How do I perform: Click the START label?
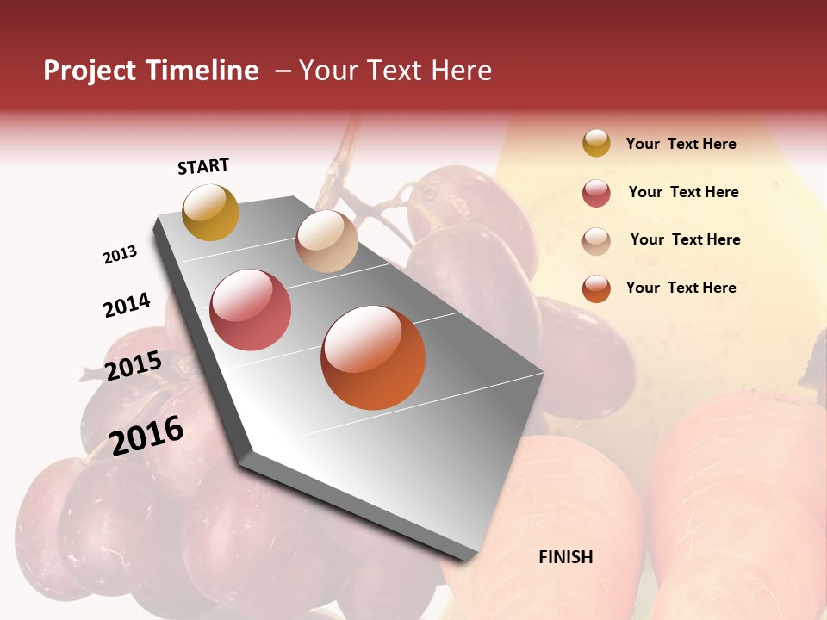click(203, 166)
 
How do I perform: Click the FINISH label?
click(565, 557)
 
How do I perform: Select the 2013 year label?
click(120, 255)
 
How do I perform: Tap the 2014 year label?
click(127, 305)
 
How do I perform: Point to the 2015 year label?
click(133, 366)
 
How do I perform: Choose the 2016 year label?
click(146, 435)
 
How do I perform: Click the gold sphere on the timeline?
click(210, 212)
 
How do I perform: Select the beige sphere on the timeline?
click(326, 241)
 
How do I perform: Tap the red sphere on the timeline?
click(250, 310)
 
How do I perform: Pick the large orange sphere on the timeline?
click(373, 357)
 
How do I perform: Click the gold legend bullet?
click(596, 143)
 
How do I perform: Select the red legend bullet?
click(596, 193)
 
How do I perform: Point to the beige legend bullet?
click(596, 241)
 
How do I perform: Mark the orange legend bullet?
click(596, 288)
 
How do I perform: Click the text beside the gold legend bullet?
click(681, 144)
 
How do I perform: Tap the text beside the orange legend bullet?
click(681, 288)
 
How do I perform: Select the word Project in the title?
click(90, 71)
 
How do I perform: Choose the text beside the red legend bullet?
click(683, 192)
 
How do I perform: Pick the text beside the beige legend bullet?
click(685, 239)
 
